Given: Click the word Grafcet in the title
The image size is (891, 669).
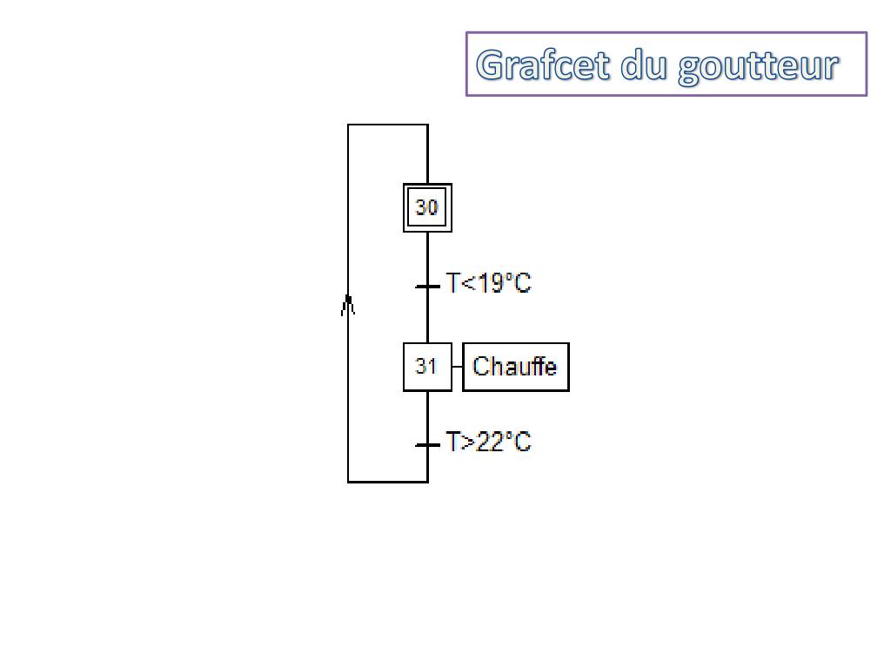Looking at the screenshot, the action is pyautogui.click(x=544, y=65).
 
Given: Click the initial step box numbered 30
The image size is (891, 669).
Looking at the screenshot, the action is pyautogui.click(x=427, y=207).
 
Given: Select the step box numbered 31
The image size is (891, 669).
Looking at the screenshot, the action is pyautogui.click(x=427, y=367).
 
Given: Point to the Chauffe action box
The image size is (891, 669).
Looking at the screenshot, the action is pyautogui.click(x=515, y=367).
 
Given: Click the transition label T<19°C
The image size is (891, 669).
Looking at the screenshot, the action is pyautogui.click(x=488, y=283).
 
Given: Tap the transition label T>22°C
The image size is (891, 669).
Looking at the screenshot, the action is pyautogui.click(x=488, y=443).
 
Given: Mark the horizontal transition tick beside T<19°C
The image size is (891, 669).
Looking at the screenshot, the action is pyautogui.click(x=427, y=286).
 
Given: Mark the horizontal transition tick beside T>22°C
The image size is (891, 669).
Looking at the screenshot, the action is pyautogui.click(x=427, y=445).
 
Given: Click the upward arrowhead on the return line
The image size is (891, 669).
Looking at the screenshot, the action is pyautogui.click(x=348, y=303).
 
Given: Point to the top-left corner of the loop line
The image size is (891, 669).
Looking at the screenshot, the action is pyautogui.click(x=348, y=125).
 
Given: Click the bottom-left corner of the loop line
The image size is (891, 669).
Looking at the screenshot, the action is pyautogui.click(x=348, y=481).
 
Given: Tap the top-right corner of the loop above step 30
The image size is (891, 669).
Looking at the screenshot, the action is pyautogui.click(x=427, y=125).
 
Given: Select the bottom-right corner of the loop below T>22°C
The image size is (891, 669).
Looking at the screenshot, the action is pyautogui.click(x=427, y=481).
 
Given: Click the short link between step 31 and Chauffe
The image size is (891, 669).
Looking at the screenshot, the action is pyautogui.click(x=457, y=367).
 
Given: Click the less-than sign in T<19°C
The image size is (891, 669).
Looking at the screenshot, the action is pyautogui.click(x=464, y=284).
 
